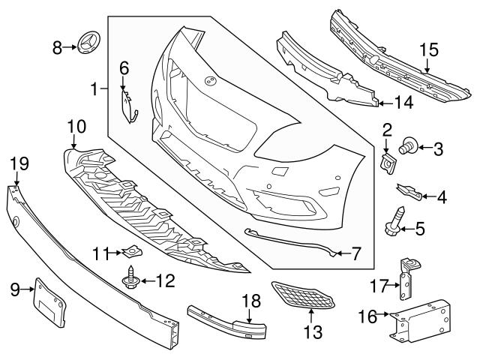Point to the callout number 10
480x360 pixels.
(x=76, y=126)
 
